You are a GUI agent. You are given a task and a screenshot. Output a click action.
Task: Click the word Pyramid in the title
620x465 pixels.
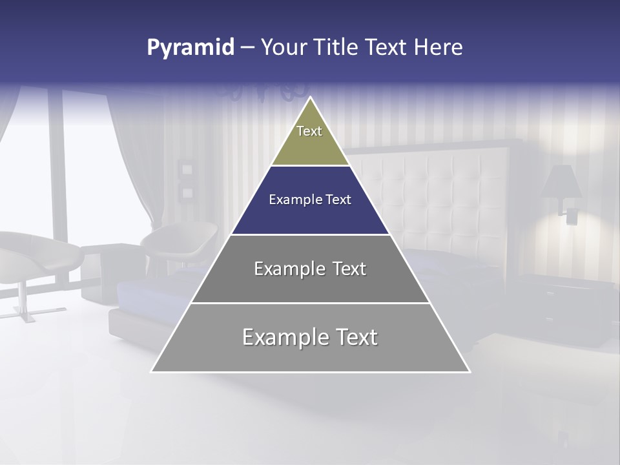point(190,48)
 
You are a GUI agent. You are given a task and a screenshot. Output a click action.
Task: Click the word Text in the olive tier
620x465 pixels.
point(309,131)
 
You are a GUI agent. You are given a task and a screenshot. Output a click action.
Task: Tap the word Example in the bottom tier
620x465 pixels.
point(284,337)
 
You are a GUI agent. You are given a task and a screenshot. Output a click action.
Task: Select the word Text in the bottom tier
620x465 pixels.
point(354,337)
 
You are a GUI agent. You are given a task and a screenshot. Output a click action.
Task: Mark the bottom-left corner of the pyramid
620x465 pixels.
point(152,371)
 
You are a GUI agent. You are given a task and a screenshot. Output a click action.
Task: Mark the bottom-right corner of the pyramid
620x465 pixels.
point(470,371)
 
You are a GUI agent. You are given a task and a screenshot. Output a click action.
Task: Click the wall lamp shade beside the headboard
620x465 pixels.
point(561,182)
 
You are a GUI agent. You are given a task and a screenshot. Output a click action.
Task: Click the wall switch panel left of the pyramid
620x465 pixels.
point(187,180)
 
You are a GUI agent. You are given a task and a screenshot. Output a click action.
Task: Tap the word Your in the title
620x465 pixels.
point(284,48)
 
